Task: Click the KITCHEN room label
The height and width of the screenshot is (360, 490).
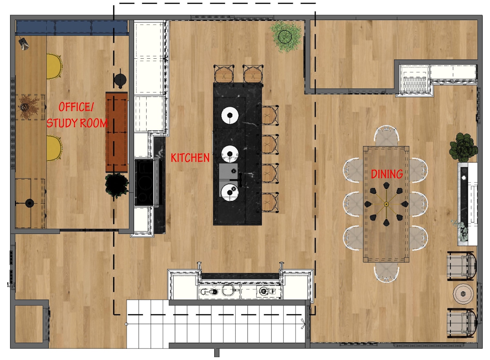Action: point(190,158)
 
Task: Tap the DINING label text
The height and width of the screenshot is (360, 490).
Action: point(387,174)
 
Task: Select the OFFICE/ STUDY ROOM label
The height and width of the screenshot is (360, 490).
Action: point(77,115)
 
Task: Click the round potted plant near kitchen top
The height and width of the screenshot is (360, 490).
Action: point(287,36)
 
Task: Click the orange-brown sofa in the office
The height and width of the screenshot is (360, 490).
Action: point(117,132)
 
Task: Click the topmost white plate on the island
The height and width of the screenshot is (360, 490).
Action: point(230,115)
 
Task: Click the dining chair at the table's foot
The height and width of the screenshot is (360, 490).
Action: point(386,271)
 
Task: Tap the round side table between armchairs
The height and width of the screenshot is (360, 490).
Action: point(463,293)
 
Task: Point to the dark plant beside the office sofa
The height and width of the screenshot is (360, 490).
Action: point(117,185)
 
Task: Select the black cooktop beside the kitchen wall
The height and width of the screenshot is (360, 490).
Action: point(146,182)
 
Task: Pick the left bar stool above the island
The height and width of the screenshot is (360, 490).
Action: point(224,74)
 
